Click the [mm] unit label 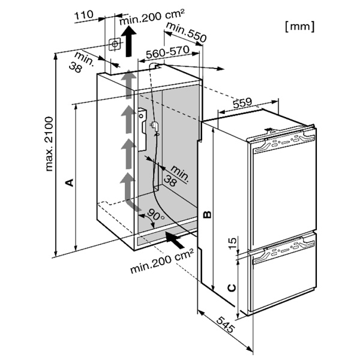300,26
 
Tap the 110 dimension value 84,15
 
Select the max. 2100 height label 49,144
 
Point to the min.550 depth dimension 186,32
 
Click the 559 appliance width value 242,103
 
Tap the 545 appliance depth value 226,325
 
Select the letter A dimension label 70,182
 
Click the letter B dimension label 207,214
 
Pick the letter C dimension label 232,287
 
